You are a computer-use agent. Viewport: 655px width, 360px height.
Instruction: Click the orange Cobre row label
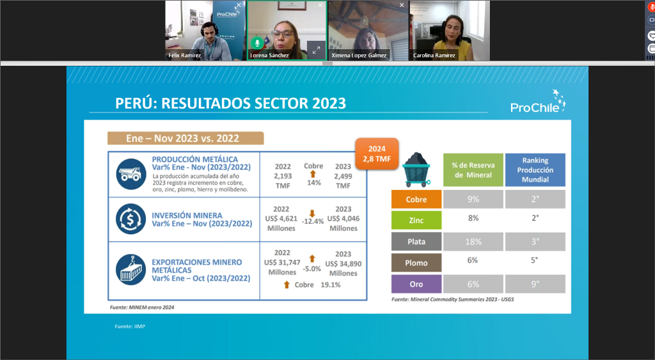pyautogui.click(x=416, y=200)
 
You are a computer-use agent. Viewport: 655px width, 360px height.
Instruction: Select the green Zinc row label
pyautogui.click(x=416, y=220)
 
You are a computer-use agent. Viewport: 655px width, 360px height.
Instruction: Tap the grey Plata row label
pyautogui.click(x=416, y=242)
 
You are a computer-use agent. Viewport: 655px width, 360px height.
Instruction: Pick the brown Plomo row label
pyautogui.click(x=416, y=263)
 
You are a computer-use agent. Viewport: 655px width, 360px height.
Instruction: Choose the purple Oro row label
pyautogui.click(x=416, y=284)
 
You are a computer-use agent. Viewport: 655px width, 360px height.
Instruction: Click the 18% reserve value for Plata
pyautogui.click(x=473, y=242)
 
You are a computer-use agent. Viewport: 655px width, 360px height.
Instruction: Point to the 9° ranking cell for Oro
pyautogui.click(x=535, y=284)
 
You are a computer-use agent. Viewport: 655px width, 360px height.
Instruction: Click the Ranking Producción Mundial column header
pyautogui.click(x=535, y=169)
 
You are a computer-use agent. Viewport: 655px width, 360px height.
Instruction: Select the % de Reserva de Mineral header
pyautogui.click(x=473, y=169)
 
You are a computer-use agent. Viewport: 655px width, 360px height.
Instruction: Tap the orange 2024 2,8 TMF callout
pyautogui.click(x=377, y=153)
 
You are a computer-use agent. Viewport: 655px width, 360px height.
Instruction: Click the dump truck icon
pyautogui.click(x=130, y=174)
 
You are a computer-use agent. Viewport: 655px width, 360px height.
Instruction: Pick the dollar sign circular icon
pyautogui.click(x=130, y=219)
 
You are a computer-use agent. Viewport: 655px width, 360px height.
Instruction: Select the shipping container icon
pyautogui.click(x=130, y=270)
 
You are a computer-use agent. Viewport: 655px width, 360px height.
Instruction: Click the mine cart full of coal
pyautogui.click(x=416, y=169)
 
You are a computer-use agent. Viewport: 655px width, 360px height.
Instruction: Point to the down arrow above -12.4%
pyautogui.click(x=312, y=214)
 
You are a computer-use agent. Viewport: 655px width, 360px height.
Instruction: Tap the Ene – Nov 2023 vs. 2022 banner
pyautogui.click(x=185, y=138)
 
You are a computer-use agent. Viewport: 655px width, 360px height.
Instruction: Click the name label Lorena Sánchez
pyautogui.click(x=269, y=55)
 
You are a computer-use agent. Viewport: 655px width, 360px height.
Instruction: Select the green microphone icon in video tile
pyautogui.click(x=257, y=43)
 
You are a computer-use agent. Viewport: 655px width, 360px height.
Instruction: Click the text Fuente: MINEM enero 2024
pyautogui.click(x=142, y=308)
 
